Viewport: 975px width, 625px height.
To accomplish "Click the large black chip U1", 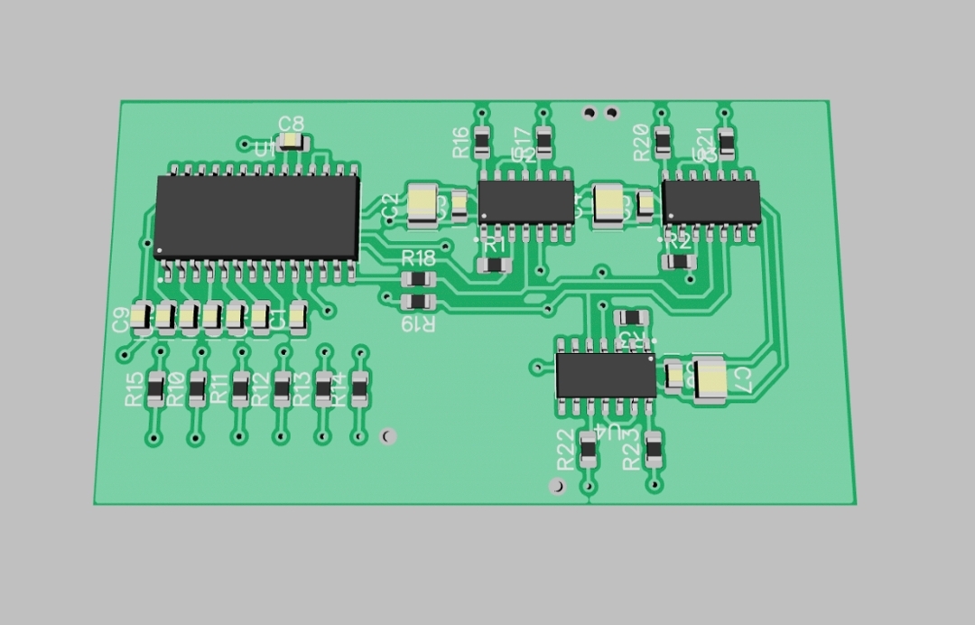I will pyautogui.click(x=257, y=218).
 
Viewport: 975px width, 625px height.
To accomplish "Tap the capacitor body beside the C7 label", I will pyautogui.click(x=710, y=378).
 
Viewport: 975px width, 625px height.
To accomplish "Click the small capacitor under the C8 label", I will pyautogui.click(x=292, y=142).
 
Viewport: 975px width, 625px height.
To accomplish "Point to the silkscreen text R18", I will pyautogui.click(x=419, y=258).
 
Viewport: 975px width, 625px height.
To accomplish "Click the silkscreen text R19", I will pyautogui.click(x=418, y=323).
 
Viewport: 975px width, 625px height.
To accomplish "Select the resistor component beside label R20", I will pyautogui.click(x=663, y=142).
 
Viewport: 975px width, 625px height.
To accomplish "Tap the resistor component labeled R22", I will pyautogui.click(x=589, y=449).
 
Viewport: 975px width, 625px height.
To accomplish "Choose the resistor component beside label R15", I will pyautogui.click(x=156, y=388).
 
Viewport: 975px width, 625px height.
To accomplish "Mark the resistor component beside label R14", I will pyautogui.click(x=360, y=388).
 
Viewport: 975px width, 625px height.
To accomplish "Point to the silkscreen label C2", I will pyautogui.click(x=390, y=207).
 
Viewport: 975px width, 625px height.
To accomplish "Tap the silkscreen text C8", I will pyautogui.click(x=291, y=124).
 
